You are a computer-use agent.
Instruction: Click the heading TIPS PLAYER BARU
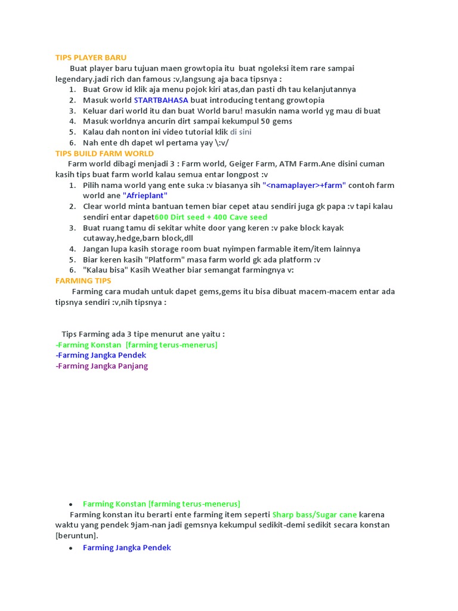pos(91,57)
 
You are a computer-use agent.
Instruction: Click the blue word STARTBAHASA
pos(161,100)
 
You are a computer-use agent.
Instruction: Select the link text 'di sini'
pos(241,132)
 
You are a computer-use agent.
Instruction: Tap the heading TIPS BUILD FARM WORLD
pos(104,153)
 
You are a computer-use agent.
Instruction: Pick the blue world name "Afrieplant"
pos(145,196)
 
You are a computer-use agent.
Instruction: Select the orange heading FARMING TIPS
pos(83,280)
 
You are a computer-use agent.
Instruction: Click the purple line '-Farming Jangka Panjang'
pos(101,366)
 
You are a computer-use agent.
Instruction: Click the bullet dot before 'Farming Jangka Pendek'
pos(70,548)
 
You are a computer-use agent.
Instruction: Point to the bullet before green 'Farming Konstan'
pos(70,504)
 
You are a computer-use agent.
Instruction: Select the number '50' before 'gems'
pos(252,121)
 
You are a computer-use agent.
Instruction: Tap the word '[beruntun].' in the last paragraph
pos(77,536)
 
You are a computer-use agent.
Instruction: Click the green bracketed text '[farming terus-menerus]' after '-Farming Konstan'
pos(172,345)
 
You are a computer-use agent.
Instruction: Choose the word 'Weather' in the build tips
pos(173,270)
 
